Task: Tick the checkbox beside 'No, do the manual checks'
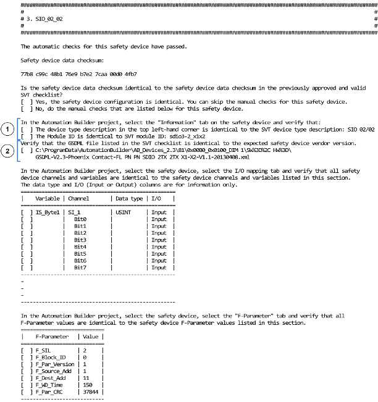tap(25, 109)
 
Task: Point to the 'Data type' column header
tap(128, 198)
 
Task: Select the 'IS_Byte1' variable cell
tap(47, 212)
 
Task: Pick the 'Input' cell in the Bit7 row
tap(159, 268)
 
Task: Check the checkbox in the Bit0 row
tap(25, 219)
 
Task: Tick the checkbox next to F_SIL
tap(25, 350)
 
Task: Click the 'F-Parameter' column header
tap(52, 335)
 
